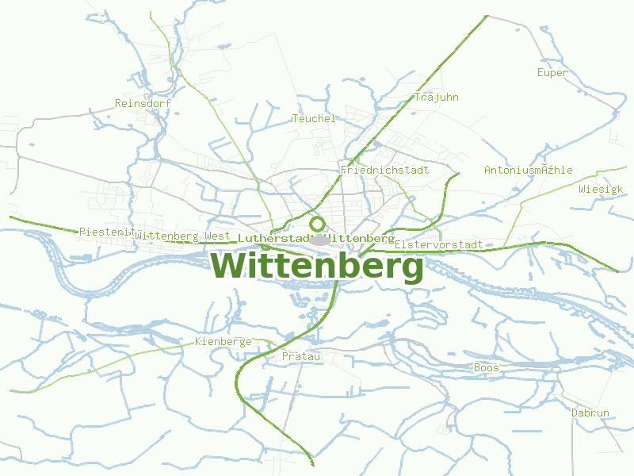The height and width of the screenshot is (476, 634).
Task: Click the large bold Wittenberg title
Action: click(317, 267)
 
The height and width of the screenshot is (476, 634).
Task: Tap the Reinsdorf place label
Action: click(143, 103)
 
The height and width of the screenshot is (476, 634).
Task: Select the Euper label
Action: click(552, 73)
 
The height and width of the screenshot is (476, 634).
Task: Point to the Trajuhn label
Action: click(437, 98)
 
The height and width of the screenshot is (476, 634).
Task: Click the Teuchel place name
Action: click(314, 118)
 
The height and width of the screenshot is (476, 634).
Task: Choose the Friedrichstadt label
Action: click(384, 170)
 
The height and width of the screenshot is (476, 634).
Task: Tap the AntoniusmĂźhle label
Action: click(528, 170)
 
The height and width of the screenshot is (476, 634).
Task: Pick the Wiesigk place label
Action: click(601, 190)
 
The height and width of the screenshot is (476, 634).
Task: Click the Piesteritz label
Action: click(105, 232)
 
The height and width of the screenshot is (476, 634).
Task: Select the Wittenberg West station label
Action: click(182, 236)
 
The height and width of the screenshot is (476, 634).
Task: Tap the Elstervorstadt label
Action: click(438, 244)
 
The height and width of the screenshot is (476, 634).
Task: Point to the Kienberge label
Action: click(223, 342)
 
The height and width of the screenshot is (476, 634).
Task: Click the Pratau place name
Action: click(301, 357)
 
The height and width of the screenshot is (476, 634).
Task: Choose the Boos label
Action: click(487, 367)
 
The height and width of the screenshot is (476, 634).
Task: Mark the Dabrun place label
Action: click(590, 413)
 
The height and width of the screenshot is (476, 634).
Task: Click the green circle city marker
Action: click(318, 224)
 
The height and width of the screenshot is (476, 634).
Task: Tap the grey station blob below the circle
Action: click(319, 239)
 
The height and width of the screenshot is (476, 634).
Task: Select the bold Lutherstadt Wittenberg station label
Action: click(315, 238)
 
